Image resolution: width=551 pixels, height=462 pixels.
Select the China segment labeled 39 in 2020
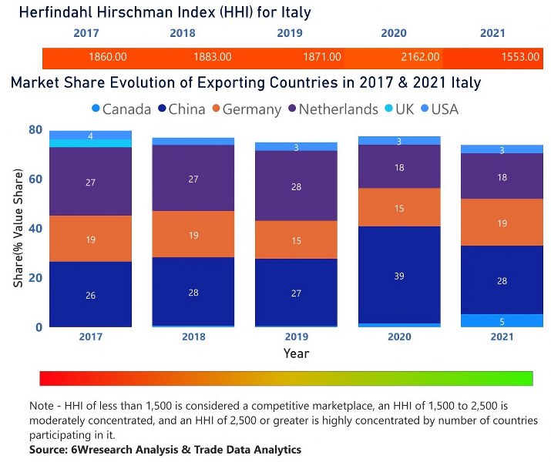(x=398, y=275)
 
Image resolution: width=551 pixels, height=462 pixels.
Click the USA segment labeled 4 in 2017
(x=90, y=136)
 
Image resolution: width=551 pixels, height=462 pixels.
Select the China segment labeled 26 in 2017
(x=90, y=294)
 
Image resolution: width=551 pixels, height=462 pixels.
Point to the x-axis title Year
(x=297, y=353)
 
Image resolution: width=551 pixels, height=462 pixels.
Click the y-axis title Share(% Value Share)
(x=18, y=228)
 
